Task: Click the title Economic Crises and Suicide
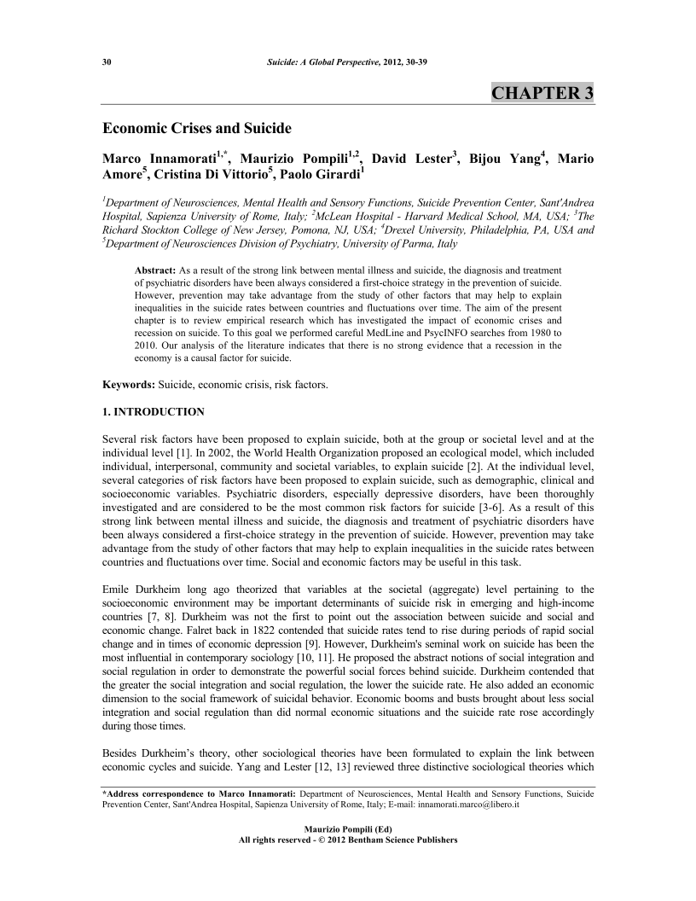pyautogui.click(x=197, y=129)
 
